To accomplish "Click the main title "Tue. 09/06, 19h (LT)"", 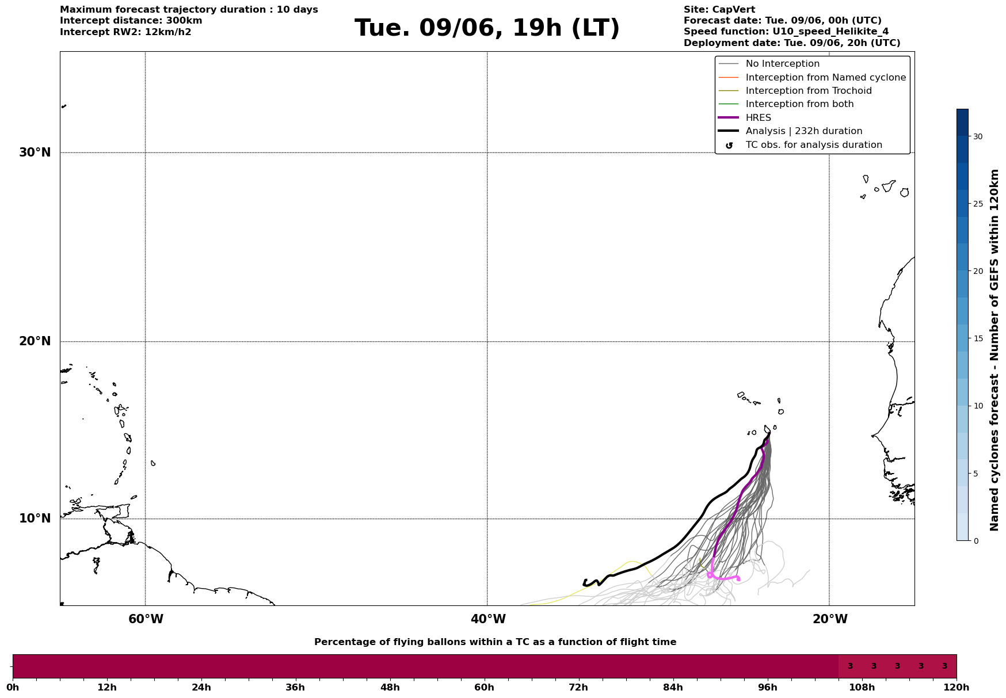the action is pos(487,28).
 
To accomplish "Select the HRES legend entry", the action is pos(758,118).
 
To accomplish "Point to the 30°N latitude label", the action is pos(35,152).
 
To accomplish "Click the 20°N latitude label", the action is pos(35,341).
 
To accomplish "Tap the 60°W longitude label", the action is pos(146,619).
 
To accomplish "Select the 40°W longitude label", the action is pos(488,619).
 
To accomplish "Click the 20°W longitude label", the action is pos(830,619).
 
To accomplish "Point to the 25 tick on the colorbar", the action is pos(978,204).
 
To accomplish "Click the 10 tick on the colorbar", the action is pos(978,406).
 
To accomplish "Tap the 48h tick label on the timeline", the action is pos(390,687).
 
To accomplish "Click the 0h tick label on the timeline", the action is pos(13,687).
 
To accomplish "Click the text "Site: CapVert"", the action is pos(719,10).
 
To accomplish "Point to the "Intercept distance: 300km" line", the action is pos(131,21).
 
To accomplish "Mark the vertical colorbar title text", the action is pos(994,350).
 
